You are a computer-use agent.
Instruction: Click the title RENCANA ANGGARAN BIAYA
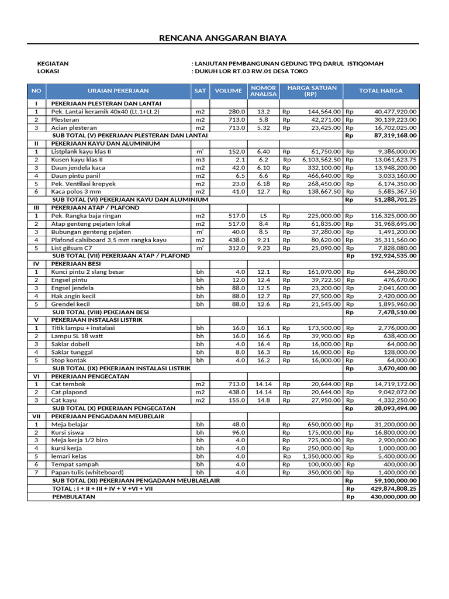pos(224,38)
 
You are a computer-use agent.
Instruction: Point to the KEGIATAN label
pos(53,63)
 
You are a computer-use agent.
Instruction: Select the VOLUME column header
pos(228,91)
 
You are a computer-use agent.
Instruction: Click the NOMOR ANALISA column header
pos(263,91)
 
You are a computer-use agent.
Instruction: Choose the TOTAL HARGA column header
pos(381,91)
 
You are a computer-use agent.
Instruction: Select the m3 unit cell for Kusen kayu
pos(200,160)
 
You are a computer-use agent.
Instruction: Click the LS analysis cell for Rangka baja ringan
pos(263,216)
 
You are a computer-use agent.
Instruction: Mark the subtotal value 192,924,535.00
pos(393,256)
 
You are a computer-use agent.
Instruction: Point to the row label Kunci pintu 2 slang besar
pos(88,272)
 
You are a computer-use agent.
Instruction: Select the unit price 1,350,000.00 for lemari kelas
pos(321,456)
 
